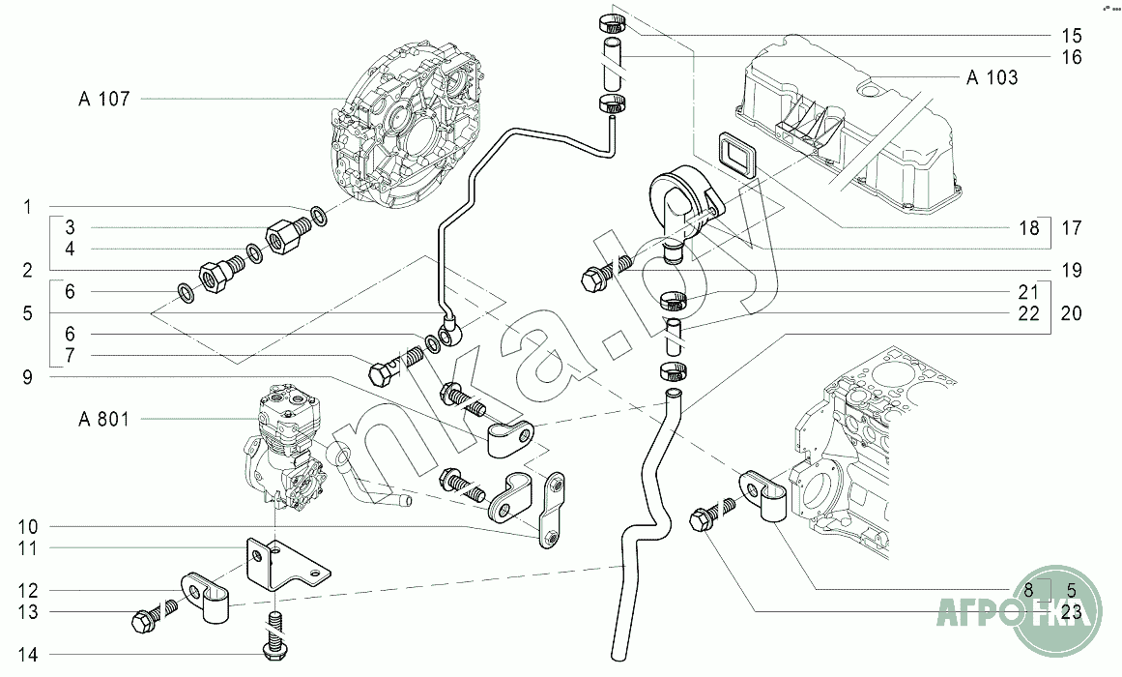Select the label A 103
pyautogui.click(x=992, y=77)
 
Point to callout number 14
pyautogui.click(x=29, y=656)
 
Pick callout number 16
pyautogui.click(x=1044, y=56)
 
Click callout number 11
pyautogui.click(x=29, y=548)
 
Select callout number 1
pyautogui.click(x=29, y=207)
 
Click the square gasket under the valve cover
pyautogui.click(x=734, y=154)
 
